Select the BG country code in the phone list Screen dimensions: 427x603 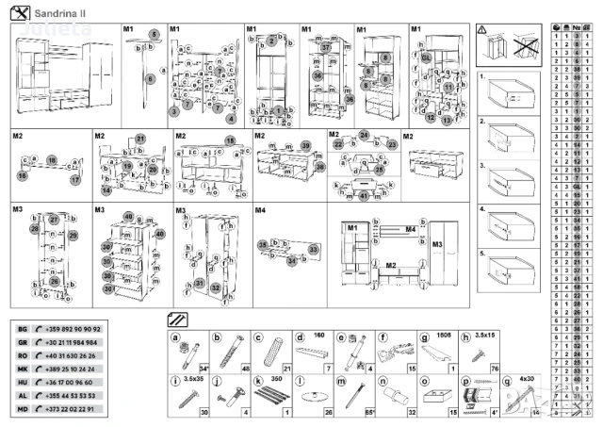[23, 327]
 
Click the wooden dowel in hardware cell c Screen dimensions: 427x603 [270, 352]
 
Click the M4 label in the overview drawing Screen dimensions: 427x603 [410, 229]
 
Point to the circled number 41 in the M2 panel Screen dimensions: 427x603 [364, 196]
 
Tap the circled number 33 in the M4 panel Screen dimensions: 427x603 [315, 249]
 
